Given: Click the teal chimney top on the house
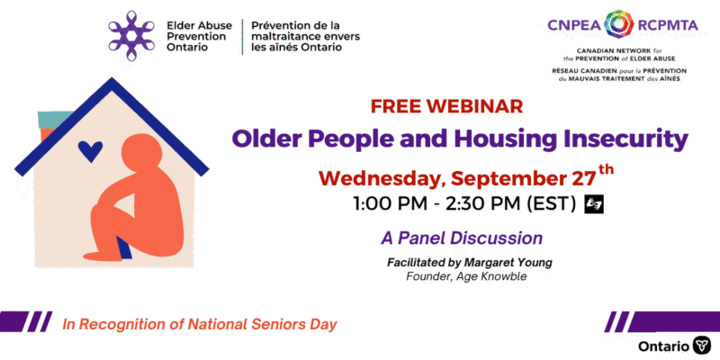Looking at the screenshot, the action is [x=53, y=120].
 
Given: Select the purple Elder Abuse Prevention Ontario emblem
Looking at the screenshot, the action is [x=131, y=36].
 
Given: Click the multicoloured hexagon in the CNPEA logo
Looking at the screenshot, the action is [x=619, y=24].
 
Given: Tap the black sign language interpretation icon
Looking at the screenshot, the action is [x=594, y=204].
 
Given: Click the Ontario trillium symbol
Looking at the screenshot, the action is [x=702, y=345].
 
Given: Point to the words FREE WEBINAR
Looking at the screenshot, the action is [x=446, y=106].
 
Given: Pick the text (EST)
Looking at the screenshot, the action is [x=551, y=204].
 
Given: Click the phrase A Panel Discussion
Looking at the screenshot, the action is [x=462, y=238].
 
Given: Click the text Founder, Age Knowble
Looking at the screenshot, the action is [x=466, y=277].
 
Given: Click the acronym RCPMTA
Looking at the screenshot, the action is [x=668, y=25].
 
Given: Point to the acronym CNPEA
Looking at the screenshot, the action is [x=574, y=25].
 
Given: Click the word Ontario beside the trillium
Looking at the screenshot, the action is [x=663, y=346].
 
